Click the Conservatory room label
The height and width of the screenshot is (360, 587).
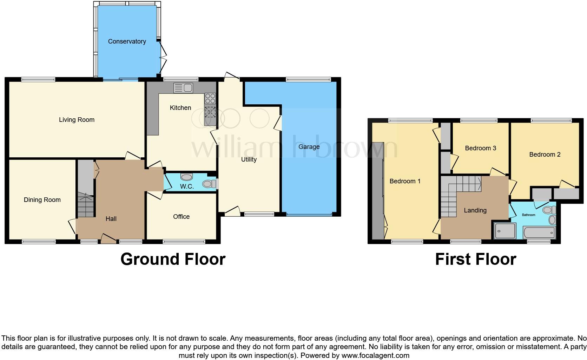(127, 41)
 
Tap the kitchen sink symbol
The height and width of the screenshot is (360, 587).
(183, 88)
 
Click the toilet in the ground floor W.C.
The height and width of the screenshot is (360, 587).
(210, 184)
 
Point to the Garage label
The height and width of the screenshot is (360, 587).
(309, 147)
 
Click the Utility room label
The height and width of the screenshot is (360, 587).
(249, 159)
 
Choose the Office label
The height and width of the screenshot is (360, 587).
(181, 217)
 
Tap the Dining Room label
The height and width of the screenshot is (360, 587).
(42, 200)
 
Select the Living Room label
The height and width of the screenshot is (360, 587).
(77, 120)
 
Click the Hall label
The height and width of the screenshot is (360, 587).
(111, 219)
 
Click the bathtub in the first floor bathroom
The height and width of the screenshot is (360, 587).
(539, 232)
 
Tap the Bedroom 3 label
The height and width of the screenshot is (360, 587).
(480, 148)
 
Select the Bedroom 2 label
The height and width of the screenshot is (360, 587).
(545, 155)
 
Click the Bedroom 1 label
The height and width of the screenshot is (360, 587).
(405, 181)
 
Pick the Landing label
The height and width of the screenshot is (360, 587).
(475, 210)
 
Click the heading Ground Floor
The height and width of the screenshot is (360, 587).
(173, 259)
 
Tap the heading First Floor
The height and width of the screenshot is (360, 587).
(475, 259)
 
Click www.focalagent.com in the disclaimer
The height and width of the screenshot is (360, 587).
(375, 355)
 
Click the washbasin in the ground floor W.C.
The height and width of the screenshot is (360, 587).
(186, 177)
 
